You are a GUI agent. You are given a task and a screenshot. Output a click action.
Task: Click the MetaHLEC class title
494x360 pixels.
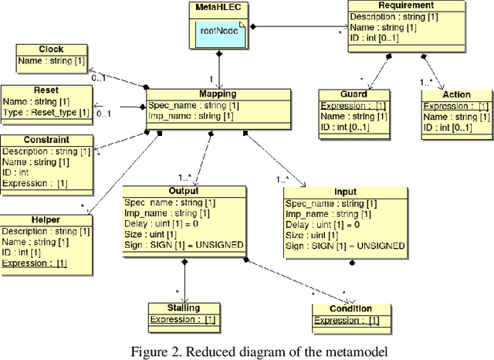pos(219,8)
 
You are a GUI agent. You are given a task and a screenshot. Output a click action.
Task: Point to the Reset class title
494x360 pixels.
pos(46,90)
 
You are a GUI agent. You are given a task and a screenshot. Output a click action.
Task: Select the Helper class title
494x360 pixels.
pos(46,220)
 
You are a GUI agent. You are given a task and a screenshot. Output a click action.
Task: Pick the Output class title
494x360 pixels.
pos(184,191)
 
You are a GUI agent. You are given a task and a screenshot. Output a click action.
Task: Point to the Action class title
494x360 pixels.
pos(455,95)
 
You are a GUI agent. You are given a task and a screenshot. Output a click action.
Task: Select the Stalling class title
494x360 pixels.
pos(184,307)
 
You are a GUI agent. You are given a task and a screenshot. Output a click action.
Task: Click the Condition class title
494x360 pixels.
pos(352,309)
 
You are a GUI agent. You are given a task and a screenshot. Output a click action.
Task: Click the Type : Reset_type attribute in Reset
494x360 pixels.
pos(46,113)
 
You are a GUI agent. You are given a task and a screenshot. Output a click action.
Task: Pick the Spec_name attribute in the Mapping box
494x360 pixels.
pos(188,104)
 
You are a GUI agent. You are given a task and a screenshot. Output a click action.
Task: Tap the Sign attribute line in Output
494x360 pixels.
pos(184,245)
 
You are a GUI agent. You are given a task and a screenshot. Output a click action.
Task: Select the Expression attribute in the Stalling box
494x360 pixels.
pos(184,318)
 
